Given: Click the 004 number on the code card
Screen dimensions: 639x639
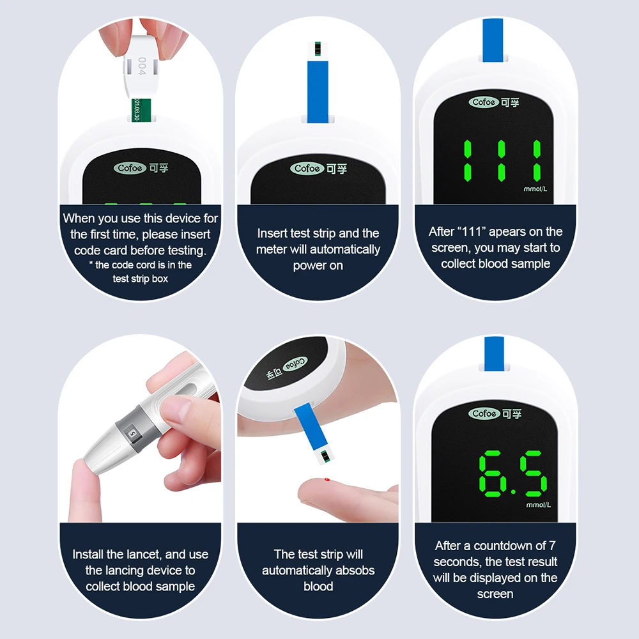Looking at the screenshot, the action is coord(141,66).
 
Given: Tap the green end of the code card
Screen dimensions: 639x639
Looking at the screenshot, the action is coord(141,110).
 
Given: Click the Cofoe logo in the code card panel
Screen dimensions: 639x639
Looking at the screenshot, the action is coord(130,168).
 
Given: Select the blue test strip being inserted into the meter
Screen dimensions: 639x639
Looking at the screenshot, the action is coord(318,91).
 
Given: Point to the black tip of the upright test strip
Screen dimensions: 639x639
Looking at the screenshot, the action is coord(318,49).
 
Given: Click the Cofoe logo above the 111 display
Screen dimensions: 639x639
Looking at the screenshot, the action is coord(484,102).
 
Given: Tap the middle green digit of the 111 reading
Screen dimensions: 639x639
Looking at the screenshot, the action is coord(501,160).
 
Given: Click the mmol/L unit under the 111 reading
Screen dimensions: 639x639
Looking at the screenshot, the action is coord(535,189).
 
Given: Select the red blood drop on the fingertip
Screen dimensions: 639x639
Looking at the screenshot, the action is coord(327,480).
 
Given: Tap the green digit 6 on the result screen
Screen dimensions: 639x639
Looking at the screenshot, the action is coord(490,473).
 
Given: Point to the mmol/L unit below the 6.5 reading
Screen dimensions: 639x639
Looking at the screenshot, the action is coord(538,505).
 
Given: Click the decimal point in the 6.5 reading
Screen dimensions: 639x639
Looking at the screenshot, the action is coord(513,492).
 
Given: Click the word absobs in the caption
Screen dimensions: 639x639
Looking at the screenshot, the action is coord(353,570).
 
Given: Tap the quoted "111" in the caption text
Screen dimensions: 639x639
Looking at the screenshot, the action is coord(472,231).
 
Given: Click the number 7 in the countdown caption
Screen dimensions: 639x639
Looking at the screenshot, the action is coord(552,546).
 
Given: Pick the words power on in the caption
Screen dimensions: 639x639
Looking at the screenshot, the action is coord(318,266).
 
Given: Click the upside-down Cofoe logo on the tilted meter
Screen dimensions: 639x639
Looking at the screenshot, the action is coord(295,364).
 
